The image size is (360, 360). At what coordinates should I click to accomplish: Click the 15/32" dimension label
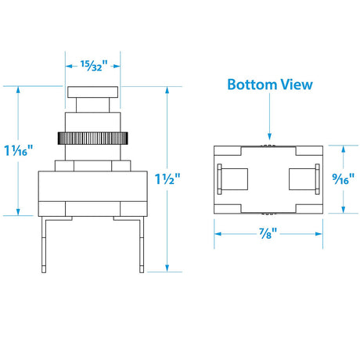click(94, 66)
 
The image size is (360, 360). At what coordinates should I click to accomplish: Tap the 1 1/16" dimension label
click(19, 150)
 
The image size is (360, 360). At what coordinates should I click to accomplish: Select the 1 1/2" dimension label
click(167, 179)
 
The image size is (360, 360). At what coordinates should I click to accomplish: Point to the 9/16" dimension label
click(344, 179)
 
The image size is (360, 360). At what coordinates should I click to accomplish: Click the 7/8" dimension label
click(268, 233)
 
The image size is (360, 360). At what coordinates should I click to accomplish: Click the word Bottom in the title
click(252, 85)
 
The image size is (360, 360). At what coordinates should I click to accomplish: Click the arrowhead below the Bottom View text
click(270, 136)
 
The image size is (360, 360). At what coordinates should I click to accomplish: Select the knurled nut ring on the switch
click(92, 139)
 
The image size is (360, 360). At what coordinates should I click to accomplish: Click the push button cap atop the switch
click(92, 92)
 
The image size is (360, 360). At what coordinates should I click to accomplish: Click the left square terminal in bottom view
click(234, 179)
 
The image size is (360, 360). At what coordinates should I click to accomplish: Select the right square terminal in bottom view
click(303, 179)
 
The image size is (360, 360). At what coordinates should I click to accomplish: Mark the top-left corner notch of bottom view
click(228, 151)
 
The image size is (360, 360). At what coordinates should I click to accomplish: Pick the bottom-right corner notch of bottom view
click(309, 209)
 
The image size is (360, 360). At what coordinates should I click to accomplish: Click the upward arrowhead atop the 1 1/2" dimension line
click(167, 90)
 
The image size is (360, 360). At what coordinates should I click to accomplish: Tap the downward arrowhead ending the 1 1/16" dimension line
click(18, 212)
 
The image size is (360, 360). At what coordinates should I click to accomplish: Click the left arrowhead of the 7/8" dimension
click(218, 234)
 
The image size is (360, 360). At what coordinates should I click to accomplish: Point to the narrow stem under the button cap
click(92, 105)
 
